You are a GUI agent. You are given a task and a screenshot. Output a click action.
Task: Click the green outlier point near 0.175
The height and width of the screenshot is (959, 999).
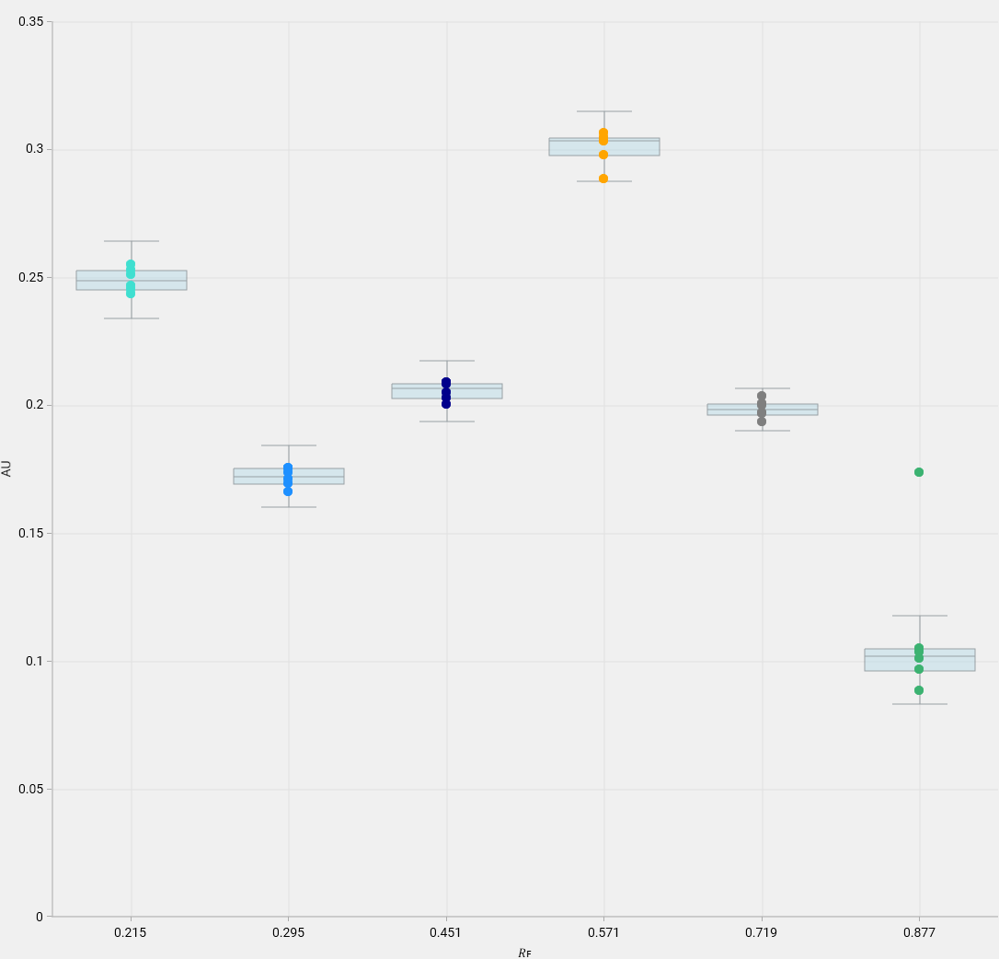tap(919, 472)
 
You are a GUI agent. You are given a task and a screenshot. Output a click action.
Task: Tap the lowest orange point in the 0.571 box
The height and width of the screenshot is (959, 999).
tap(603, 179)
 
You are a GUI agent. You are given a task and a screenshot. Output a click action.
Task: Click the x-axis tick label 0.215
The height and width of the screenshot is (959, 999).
tap(131, 932)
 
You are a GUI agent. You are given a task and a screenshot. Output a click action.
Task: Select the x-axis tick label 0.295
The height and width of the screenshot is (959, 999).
tap(288, 932)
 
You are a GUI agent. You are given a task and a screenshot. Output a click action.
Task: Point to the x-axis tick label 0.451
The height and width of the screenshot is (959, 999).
tap(446, 932)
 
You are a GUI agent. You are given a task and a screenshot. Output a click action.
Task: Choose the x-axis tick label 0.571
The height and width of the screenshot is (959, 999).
tap(603, 932)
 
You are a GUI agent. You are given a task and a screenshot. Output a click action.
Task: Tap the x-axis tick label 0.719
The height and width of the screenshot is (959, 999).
tap(761, 932)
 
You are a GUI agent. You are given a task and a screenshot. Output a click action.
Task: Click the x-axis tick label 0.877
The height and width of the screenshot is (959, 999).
tap(919, 932)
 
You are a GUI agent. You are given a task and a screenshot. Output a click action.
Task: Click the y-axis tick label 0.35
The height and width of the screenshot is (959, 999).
tap(31, 21)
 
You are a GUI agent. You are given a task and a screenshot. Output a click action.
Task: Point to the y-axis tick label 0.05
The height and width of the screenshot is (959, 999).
tap(31, 789)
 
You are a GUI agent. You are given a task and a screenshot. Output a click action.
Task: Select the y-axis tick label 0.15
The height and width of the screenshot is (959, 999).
tap(31, 533)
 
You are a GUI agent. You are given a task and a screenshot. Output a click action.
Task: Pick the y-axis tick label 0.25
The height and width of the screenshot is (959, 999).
tap(31, 277)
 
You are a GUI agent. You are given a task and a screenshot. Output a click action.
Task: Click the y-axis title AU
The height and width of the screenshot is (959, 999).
tap(7, 468)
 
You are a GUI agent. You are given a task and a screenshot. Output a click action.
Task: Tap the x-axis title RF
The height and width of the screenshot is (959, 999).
tap(524, 953)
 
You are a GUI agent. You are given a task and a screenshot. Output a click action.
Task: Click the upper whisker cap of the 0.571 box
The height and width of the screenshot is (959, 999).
tap(604, 111)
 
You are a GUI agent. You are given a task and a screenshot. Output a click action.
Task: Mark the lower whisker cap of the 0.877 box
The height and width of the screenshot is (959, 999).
tap(920, 704)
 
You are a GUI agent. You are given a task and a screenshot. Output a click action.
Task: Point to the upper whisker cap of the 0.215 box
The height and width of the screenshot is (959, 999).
tap(132, 241)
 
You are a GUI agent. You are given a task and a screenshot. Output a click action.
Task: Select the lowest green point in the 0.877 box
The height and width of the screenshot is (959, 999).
tap(919, 690)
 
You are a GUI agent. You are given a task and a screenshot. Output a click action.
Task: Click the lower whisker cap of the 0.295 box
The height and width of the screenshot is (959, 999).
tap(289, 507)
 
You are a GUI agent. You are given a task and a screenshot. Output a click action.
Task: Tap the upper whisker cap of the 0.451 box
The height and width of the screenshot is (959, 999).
tap(447, 361)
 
